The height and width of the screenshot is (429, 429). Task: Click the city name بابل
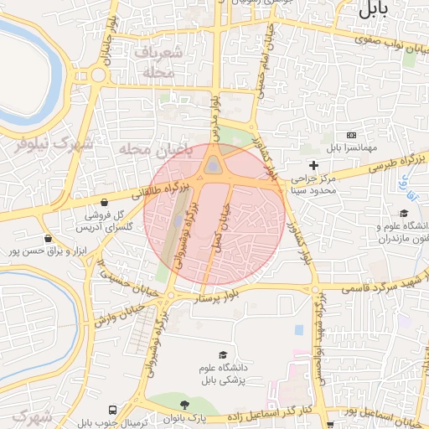click(374, 11)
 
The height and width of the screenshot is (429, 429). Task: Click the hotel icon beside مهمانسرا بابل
click(351, 136)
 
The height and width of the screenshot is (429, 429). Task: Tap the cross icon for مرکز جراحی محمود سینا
click(314, 165)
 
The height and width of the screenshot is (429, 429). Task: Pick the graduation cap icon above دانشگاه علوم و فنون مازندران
click(404, 214)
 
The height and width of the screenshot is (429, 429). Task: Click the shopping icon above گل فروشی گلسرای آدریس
click(103, 202)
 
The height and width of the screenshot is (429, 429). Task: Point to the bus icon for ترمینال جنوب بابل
click(112, 410)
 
